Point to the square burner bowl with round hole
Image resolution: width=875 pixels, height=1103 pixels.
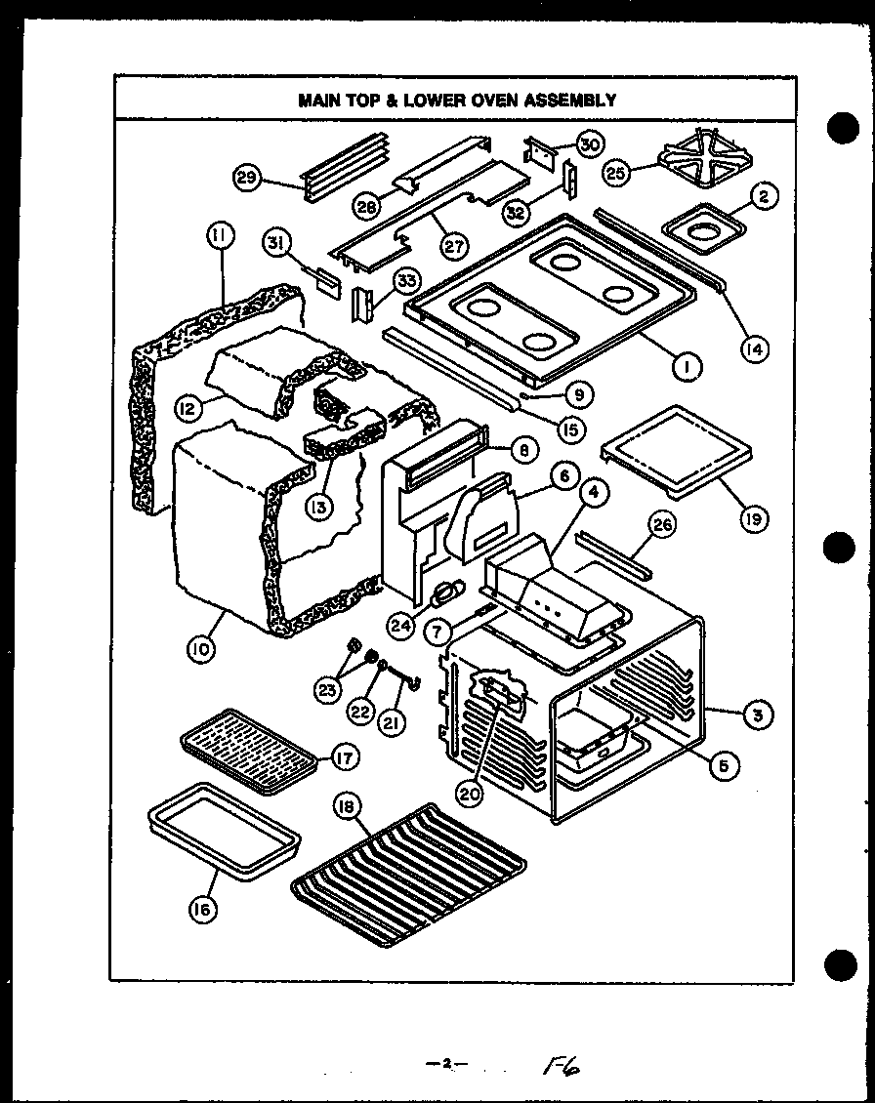coord(704,230)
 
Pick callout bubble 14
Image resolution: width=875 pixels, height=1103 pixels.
coord(754,347)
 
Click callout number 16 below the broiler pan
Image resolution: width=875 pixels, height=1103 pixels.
coord(203,909)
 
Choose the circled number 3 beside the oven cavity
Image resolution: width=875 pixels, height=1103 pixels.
coord(756,715)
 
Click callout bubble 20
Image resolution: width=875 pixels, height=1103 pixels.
coord(470,794)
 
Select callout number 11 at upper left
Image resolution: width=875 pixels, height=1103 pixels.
coord(220,236)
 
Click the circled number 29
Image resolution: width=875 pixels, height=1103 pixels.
coord(248,178)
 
